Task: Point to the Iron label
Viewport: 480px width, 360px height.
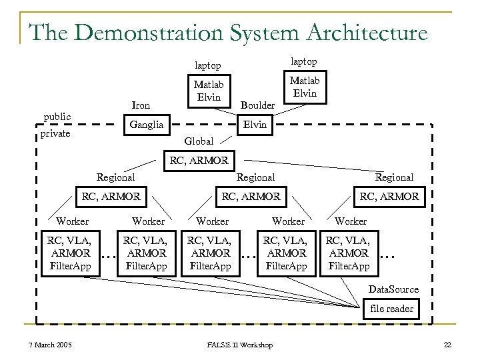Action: (141, 105)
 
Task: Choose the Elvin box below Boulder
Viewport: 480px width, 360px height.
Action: (255, 124)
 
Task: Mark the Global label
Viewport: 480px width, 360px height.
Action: (198, 141)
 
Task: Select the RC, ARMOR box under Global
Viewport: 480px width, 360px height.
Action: (199, 160)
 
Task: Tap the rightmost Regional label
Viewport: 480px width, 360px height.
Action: (394, 177)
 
